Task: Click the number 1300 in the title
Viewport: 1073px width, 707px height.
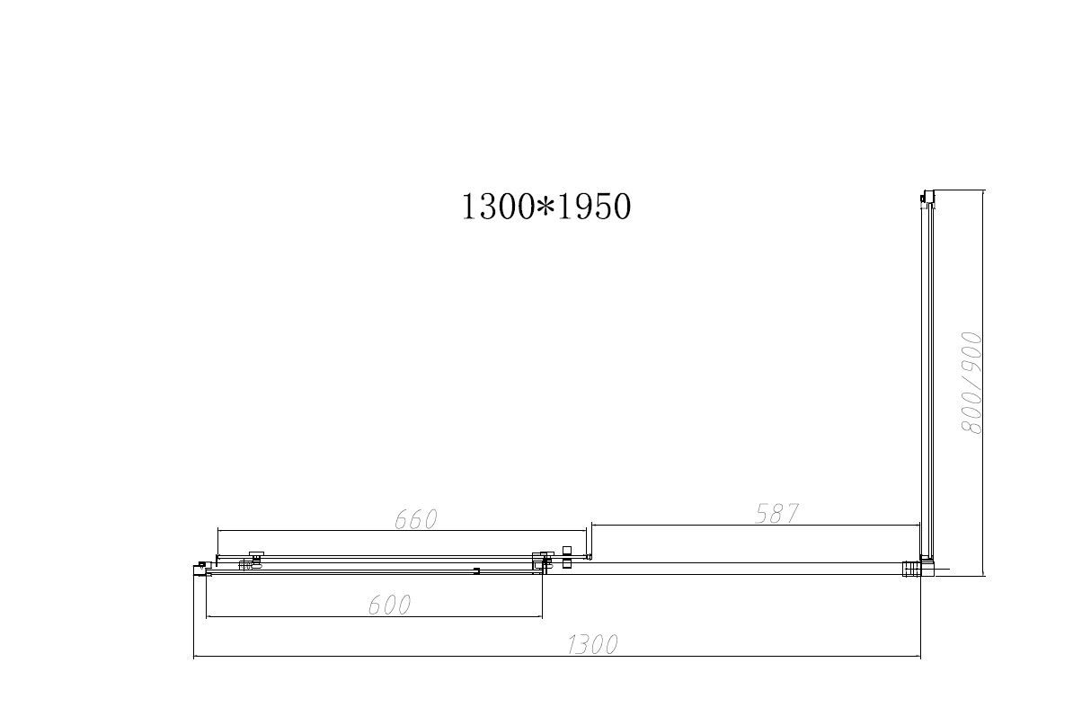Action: [x=498, y=208]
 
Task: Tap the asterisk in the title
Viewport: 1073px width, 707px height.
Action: [x=545, y=208]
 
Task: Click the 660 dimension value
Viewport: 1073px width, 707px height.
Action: [x=416, y=519]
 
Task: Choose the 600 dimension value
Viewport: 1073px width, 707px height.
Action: [x=389, y=605]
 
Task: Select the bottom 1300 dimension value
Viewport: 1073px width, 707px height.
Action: [x=592, y=644]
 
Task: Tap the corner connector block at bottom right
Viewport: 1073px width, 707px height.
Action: [x=912, y=567]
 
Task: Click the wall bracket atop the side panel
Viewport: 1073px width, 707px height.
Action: [x=924, y=198]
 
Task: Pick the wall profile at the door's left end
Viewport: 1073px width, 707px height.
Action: [x=200, y=568]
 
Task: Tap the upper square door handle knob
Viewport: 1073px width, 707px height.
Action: [x=566, y=550]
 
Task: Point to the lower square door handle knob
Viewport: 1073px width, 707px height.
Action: [x=566, y=564]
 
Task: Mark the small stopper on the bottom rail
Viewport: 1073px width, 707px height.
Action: [x=476, y=570]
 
